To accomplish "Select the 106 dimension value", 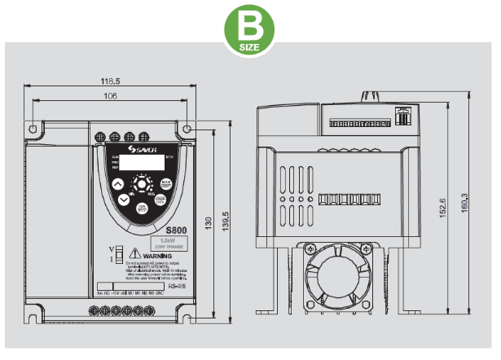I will (x=110, y=97).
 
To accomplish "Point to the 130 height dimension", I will (x=209, y=222).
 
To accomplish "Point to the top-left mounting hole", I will (x=33, y=129).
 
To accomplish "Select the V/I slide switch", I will (x=118, y=255).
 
